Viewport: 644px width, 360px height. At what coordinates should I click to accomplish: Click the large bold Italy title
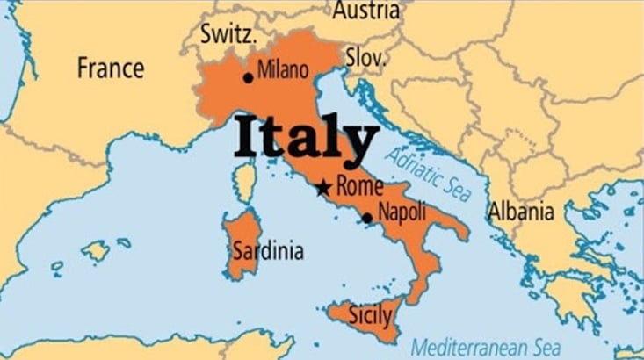306,140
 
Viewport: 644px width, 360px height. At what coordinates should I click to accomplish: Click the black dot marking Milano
249,77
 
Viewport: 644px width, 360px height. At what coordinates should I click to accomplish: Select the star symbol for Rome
323,187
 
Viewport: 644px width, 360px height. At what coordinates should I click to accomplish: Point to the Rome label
359,186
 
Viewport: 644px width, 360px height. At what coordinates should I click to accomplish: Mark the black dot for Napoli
366,218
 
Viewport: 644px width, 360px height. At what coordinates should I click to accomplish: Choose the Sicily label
365,313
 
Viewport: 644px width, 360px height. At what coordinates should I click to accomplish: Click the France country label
110,68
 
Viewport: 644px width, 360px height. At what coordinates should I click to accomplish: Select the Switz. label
228,36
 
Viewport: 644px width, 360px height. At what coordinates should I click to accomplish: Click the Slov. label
365,58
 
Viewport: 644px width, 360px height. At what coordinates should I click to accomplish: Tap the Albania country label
522,212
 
